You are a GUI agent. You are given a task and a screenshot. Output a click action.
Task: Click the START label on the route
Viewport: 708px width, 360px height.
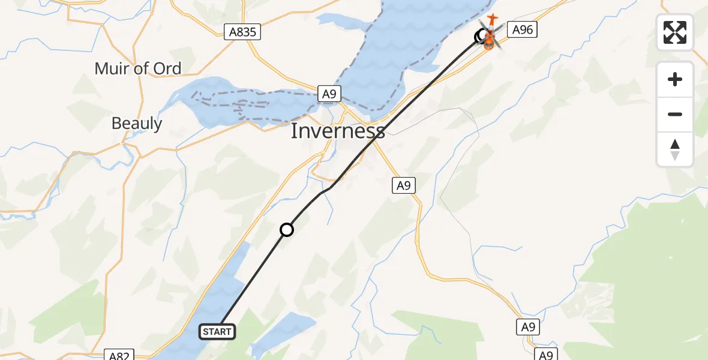(x=217, y=332)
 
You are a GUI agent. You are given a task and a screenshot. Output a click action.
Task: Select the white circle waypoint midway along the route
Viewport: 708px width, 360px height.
(x=287, y=229)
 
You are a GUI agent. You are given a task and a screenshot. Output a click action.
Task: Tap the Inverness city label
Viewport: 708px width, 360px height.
(x=338, y=131)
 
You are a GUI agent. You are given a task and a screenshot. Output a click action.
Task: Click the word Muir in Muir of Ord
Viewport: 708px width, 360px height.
(x=112, y=68)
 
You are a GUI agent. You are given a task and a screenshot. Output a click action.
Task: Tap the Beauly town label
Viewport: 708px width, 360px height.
(x=137, y=124)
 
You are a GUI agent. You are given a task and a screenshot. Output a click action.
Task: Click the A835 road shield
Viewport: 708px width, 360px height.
(x=243, y=32)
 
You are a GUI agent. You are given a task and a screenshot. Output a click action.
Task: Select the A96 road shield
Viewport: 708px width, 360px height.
(x=521, y=29)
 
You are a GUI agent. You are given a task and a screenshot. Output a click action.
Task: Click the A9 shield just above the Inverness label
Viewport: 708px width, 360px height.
(x=328, y=94)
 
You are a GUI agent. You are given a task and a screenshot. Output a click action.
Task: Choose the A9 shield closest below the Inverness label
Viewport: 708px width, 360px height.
(x=404, y=185)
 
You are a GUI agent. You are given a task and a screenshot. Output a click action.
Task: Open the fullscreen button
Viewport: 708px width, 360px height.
(x=675, y=32)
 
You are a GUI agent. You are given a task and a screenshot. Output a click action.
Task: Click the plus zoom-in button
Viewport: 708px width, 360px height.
(x=675, y=79)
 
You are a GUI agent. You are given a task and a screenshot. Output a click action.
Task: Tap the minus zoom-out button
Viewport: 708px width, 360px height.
(x=675, y=114)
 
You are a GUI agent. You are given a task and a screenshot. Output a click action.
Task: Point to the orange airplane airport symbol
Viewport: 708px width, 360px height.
(x=493, y=20)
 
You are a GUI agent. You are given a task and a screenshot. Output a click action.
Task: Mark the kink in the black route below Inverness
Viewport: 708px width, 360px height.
(x=329, y=188)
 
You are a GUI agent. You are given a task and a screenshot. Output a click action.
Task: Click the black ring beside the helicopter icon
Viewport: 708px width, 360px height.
(x=481, y=37)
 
